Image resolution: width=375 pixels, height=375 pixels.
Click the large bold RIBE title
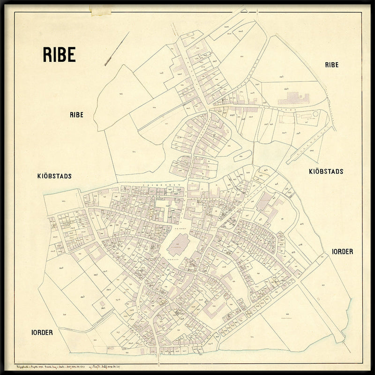[x=59, y=54]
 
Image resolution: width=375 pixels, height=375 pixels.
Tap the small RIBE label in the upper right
[x=331, y=65]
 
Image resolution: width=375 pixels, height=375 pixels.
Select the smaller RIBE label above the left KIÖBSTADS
[x=76, y=115]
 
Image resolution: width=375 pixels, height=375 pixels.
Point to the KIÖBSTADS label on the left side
[x=55, y=176]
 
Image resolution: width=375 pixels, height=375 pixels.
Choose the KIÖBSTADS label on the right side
[x=326, y=172]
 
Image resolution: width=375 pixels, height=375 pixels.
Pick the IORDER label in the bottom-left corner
[x=42, y=332]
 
